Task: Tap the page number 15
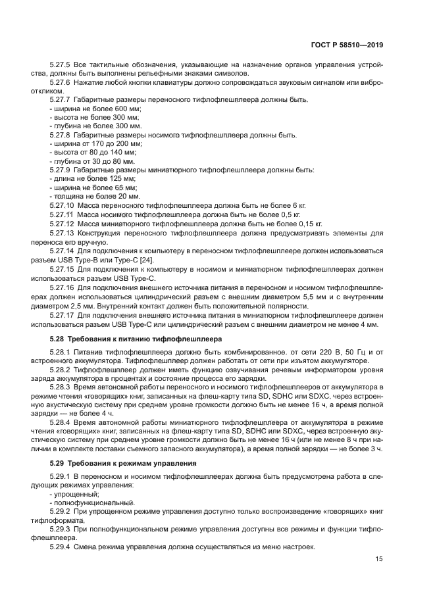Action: pos(379,559)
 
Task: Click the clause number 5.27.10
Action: pos(63,205)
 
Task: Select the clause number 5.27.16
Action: pos(63,288)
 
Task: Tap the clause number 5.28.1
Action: pos(61,352)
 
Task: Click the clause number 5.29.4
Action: pos(61,548)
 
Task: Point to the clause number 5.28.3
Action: pos(61,388)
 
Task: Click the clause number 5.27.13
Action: pos(63,233)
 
